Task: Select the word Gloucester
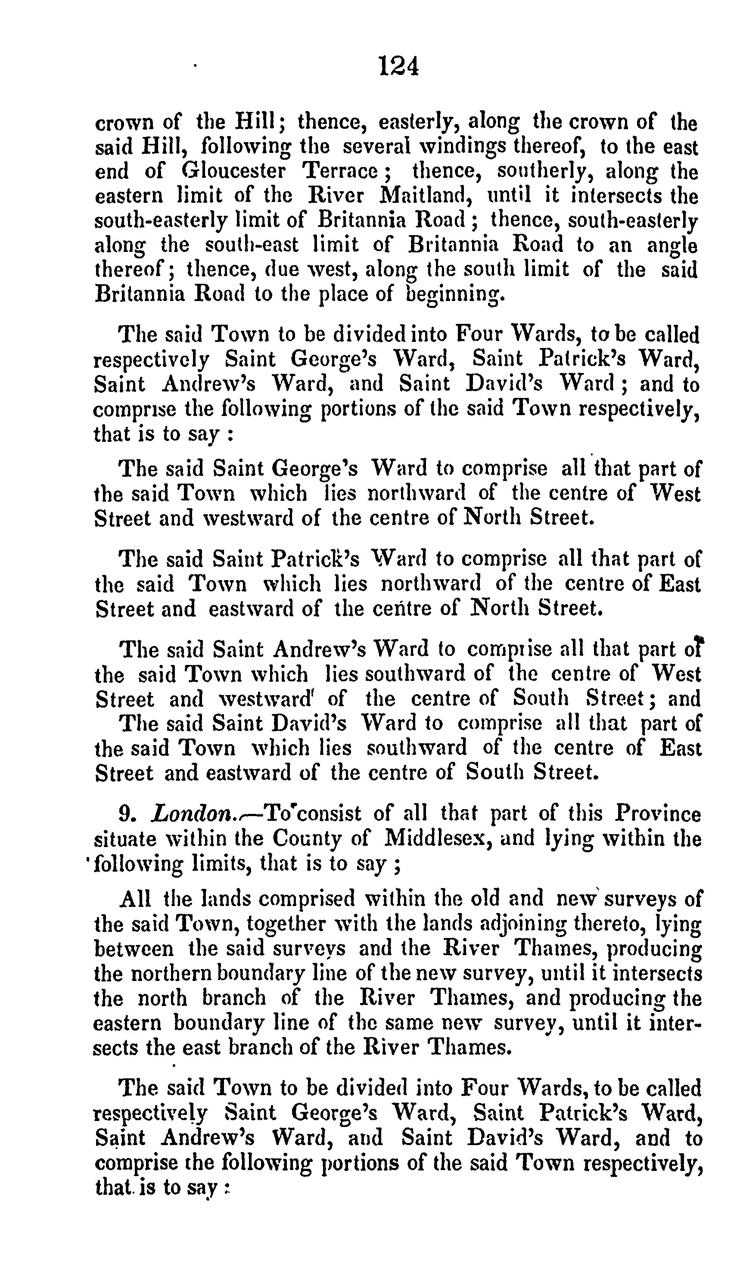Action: pyautogui.click(x=233, y=172)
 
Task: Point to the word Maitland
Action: pyautogui.click(x=425, y=196)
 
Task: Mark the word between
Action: pyautogui.click(x=134, y=948)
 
